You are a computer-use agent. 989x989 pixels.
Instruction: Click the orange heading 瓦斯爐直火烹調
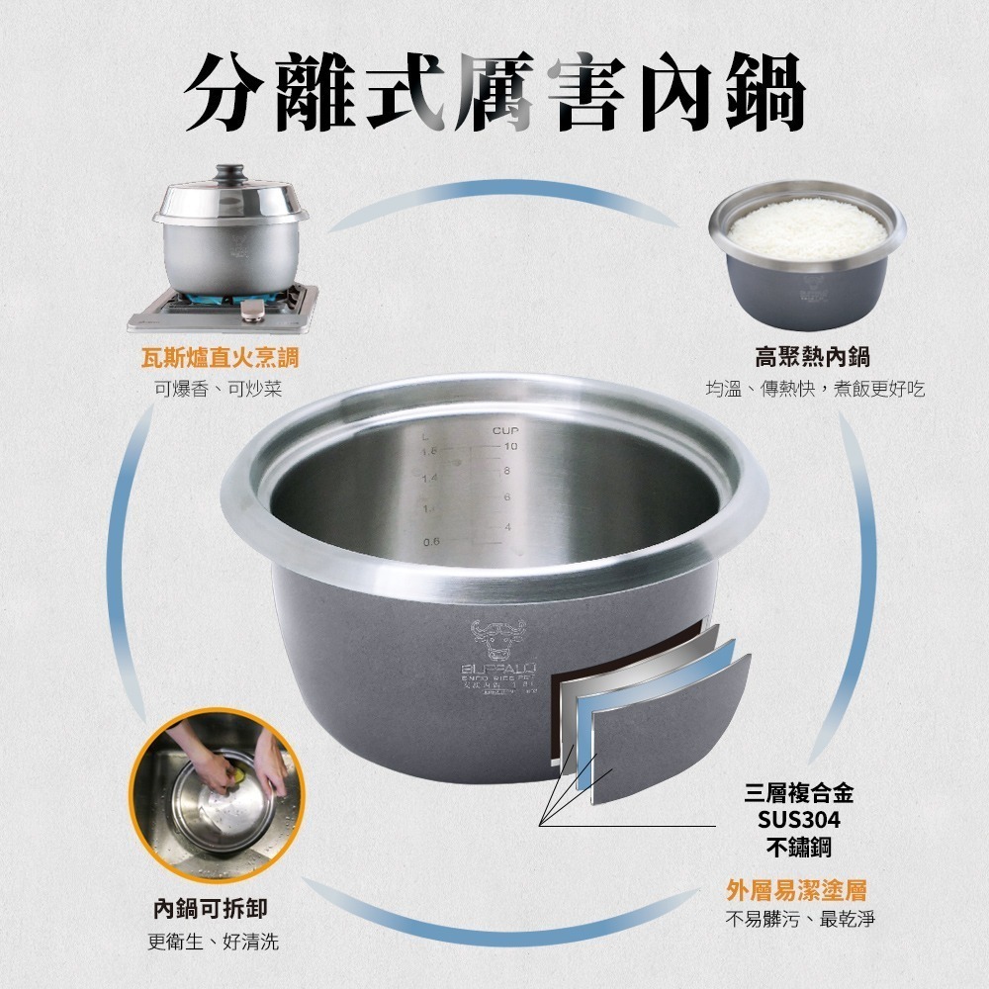coord(219,357)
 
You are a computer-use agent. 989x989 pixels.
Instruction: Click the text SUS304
coord(798,820)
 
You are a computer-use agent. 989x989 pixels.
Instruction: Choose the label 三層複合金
coord(798,793)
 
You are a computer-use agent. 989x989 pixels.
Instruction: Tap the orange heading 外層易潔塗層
coord(797,890)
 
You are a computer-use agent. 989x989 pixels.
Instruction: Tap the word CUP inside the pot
coord(505,432)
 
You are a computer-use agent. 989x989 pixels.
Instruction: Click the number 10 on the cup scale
coord(510,448)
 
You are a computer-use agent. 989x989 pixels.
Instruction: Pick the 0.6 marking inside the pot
coord(430,542)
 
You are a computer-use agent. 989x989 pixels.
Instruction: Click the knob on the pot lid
coord(229,173)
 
